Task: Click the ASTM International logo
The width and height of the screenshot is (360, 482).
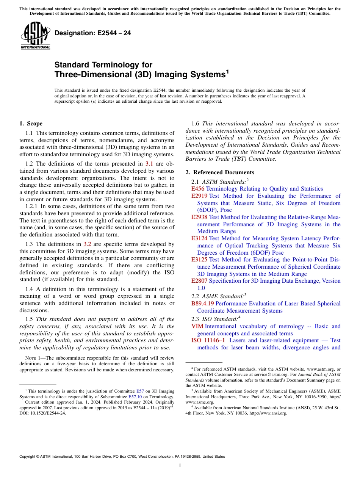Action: [x=35, y=36]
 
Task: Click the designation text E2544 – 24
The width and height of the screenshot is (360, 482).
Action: [x=93, y=33]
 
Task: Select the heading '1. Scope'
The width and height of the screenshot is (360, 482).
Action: [x=31, y=124]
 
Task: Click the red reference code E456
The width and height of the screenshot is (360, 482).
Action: [x=198, y=189]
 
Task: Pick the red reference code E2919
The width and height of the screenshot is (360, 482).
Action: [x=199, y=196]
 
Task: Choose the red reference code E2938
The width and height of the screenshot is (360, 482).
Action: [x=199, y=217]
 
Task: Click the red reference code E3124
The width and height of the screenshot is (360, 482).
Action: [x=199, y=238]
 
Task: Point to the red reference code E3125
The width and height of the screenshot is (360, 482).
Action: [x=199, y=260]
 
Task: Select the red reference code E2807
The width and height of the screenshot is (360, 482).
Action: [x=199, y=281]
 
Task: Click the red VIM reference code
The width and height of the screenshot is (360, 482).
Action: [x=197, y=326]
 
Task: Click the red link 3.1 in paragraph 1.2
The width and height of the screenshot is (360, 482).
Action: [x=149, y=164]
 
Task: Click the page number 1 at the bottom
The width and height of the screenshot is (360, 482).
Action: [x=180, y=466]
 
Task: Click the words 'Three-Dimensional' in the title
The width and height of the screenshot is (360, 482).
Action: [x=93, y=75]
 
